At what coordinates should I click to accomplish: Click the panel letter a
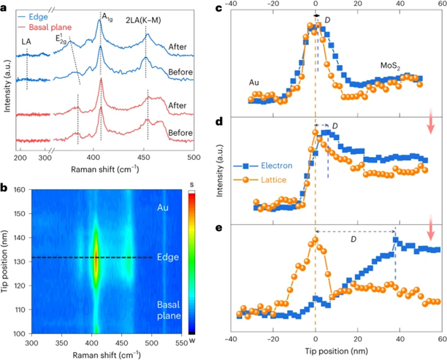point(5,7)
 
